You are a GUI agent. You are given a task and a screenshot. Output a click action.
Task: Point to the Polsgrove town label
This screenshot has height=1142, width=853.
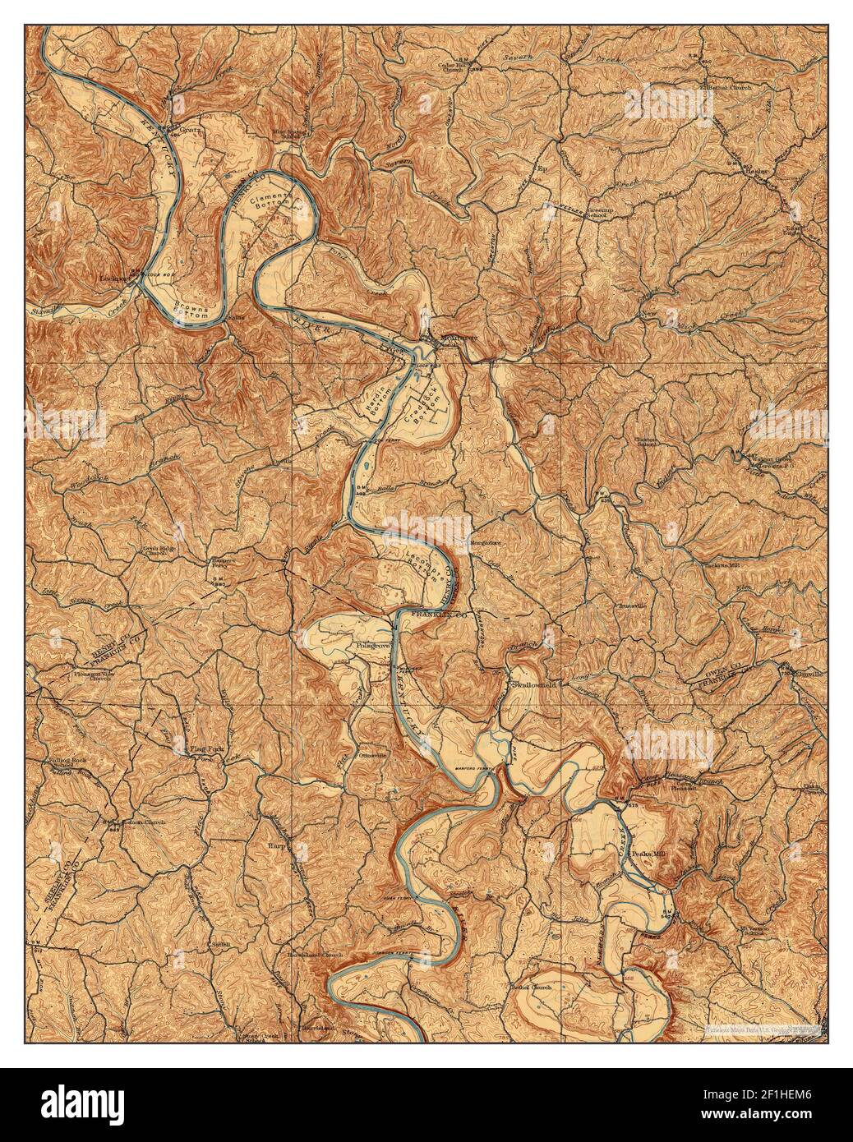372,647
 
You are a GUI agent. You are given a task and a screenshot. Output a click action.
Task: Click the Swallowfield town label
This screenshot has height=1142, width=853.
534,684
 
